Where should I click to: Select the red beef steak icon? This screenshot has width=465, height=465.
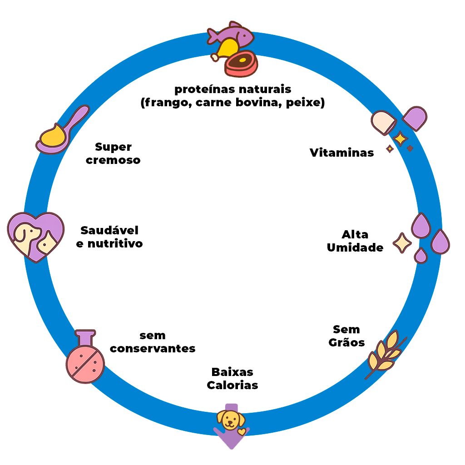coord(241,63)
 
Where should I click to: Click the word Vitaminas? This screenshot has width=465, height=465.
coord(342,153)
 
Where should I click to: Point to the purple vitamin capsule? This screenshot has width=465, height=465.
coord(415,118)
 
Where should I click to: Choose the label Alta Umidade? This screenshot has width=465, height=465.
coord(355,241)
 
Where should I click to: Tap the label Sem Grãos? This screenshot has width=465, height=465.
coord(346,336)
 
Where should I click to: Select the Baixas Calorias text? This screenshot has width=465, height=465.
coord(232,379)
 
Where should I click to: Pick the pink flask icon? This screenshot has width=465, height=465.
coord(85,357)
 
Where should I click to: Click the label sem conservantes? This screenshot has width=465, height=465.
coord(153,342)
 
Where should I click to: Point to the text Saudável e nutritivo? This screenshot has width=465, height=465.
coord(109,237)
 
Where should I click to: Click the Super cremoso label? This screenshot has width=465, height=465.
coord(113,153)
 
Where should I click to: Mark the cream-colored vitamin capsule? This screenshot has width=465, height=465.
coord(383,122)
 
